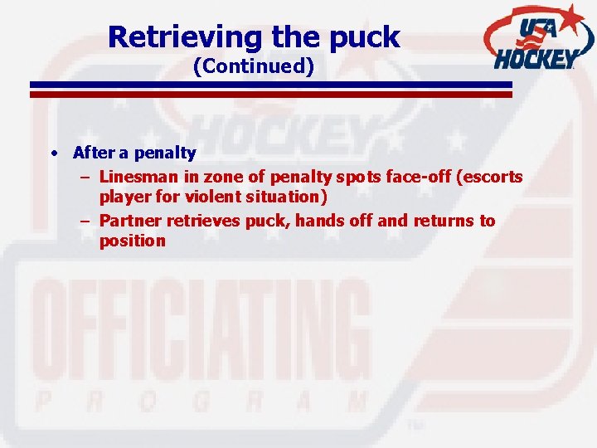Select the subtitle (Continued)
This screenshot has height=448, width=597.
coord(253,66)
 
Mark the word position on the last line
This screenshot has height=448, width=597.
coord(133,241)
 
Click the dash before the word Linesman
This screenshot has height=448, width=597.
coord(85,176)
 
